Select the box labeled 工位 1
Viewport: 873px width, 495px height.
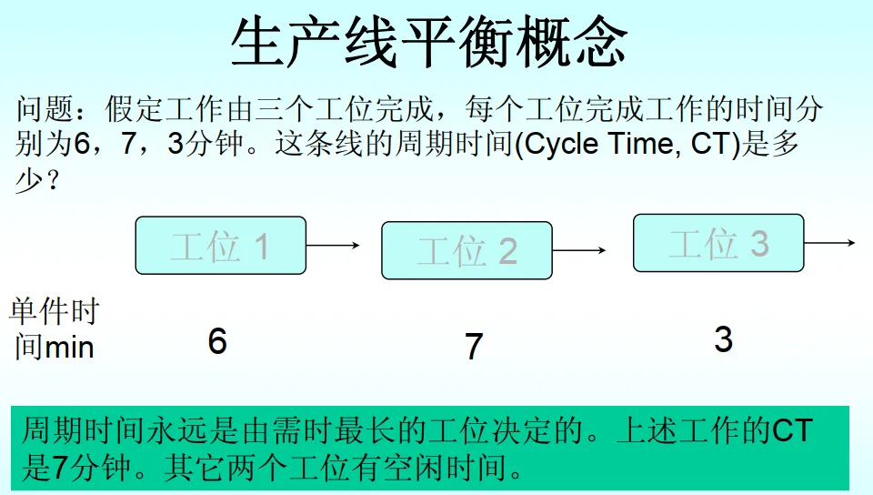coord(220,246)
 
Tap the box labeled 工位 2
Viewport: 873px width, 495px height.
coord(467,250)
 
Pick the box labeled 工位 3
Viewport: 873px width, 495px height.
coord(718,243)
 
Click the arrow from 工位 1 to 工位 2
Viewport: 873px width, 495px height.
coord(333,245)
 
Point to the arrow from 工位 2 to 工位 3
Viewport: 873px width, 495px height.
coord(579,250)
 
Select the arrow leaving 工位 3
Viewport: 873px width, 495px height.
coord(829,243)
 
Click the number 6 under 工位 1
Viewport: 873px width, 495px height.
coord(216,341)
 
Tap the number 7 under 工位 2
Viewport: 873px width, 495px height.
coord(473,347)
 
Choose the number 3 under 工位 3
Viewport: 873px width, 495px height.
coord(723,339)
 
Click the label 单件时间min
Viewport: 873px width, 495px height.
coord(55,329)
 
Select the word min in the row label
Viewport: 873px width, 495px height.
coord(69,347)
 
